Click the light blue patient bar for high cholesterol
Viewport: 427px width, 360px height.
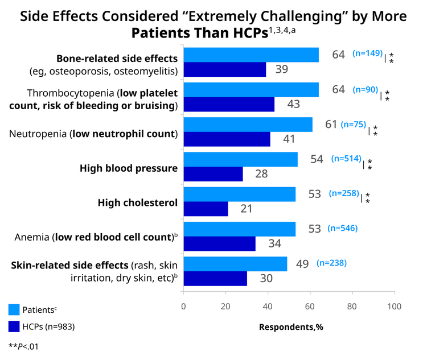click(x=240, y=195)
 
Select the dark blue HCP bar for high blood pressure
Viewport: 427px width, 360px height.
click(x=213, y=174)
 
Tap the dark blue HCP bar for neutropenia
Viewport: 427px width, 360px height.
click(x=227, y=139)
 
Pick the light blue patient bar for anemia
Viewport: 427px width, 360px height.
click(x=240, y=229)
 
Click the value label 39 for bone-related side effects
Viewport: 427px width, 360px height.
click(x=282, y=69)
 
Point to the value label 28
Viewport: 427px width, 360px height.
click(x=261, y=174)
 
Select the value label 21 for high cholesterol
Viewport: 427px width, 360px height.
click(x=247, y=209)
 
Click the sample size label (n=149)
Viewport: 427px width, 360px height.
click(x=368, y=53)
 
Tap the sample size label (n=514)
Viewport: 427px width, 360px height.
click(x=346, y=158)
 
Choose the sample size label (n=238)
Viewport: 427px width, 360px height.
click(x=332, y=263)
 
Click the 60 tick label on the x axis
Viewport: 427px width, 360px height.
click(x=310, y=307)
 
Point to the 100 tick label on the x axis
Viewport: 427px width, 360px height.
click(x=395, y=307)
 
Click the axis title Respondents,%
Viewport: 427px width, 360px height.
click(x=291, y=327)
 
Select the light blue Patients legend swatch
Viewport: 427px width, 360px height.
click(x=14, y=309)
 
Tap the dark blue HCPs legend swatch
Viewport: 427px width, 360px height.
click(x=14, y=326)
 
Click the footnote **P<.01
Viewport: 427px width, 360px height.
click(x=23, y=347)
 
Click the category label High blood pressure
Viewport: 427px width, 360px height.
click(x=129, y=168)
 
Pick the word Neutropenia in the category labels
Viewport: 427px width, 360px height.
click(x=38, y=134)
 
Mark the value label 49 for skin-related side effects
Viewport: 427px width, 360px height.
click(x=302, y=264)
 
